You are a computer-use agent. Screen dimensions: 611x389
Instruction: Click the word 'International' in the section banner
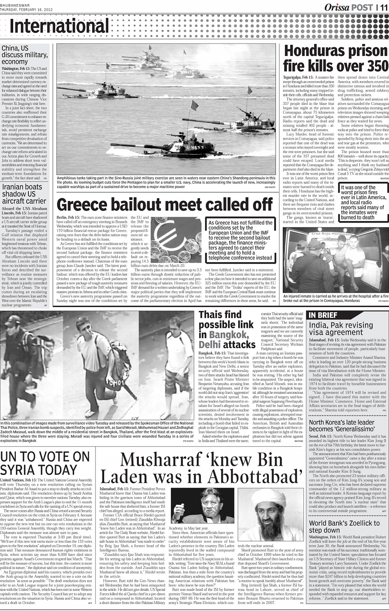[x=59, y=26]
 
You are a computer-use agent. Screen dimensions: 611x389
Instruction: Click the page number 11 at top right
[x=383, y=7]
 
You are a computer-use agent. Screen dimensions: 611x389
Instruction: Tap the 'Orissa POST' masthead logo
[x=348, y=7]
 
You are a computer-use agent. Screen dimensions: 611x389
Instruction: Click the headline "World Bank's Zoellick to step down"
[x=344, y=527]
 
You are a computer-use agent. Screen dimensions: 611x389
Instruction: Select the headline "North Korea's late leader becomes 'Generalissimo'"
[x=342, y=425]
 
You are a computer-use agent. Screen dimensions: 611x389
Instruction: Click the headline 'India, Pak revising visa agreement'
[x=341, y=328]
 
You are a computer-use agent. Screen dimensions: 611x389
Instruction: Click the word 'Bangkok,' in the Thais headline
[x=229, y=335]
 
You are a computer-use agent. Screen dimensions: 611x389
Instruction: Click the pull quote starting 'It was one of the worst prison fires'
[x=363, y=202]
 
